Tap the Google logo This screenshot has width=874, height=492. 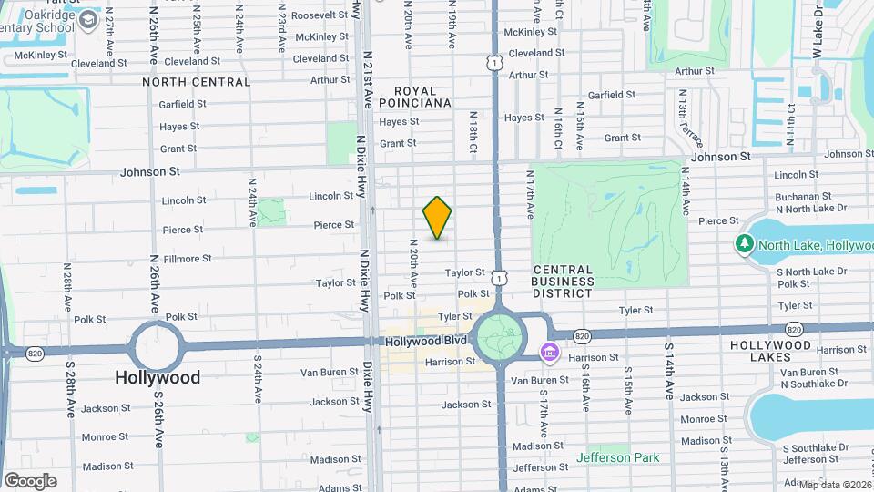[x=30, y=480]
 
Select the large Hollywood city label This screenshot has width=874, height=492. [x=158, y=377]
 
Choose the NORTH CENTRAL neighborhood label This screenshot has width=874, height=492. [x=196, y=82]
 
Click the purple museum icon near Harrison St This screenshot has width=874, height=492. [x=549, y=352]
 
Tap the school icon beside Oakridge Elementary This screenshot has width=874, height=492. [x=89, y=19]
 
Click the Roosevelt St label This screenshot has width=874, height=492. [x=315, y=15]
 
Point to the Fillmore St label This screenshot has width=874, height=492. [x=187, y=259]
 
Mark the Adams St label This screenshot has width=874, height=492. [x=335, y=487]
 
